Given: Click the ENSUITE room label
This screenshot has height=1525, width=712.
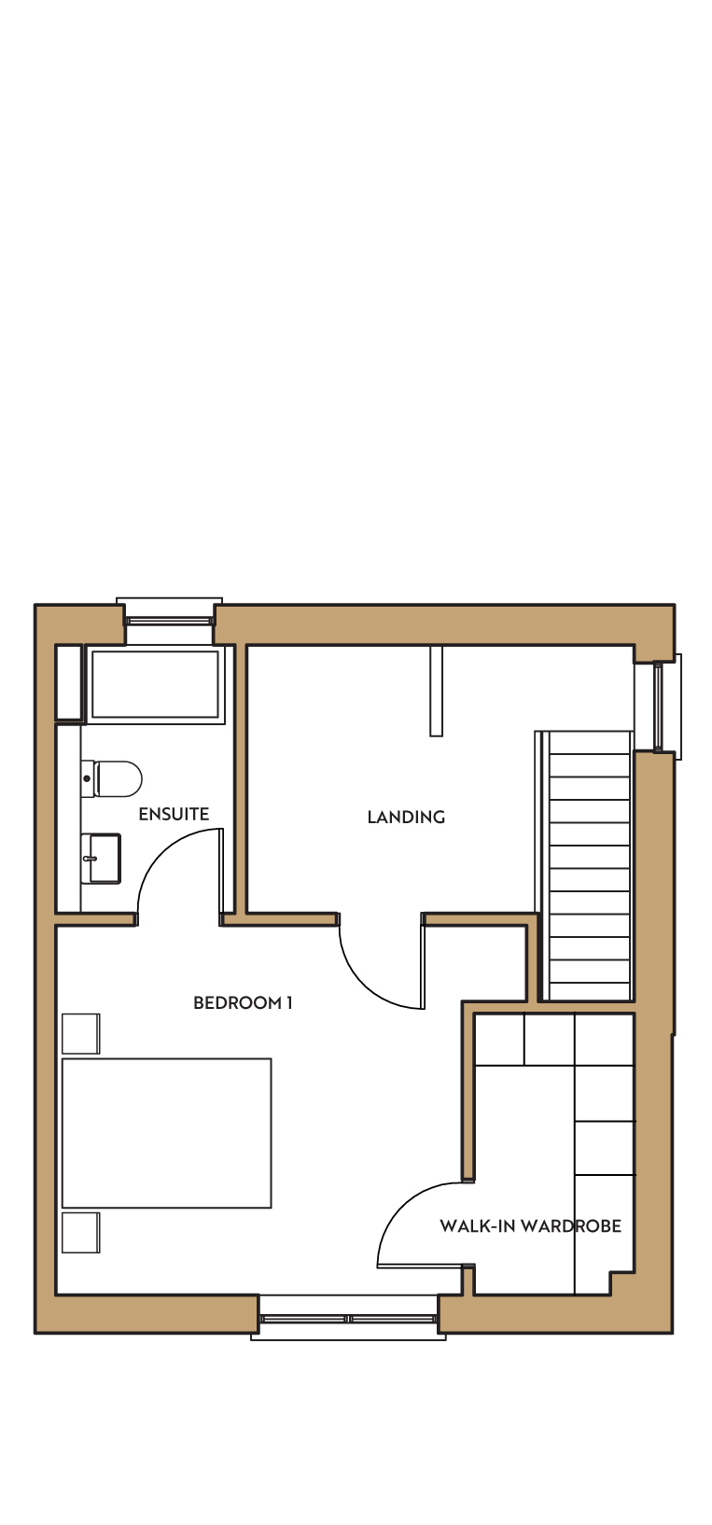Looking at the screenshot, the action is tap(174, 814).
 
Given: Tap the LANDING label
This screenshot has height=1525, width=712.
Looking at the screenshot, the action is tap(406, 817).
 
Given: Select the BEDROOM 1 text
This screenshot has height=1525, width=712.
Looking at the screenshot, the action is tap(243, 1002).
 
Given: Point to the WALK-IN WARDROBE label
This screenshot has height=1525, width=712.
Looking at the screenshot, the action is tap(530, 1225).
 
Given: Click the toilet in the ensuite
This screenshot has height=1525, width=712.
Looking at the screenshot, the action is tap(112, 779).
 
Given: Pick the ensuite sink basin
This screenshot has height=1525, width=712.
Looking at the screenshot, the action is tap(101, 859).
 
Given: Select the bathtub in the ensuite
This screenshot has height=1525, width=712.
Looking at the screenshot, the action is tap(155, 684).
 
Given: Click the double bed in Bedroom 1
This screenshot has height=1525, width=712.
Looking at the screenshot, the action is tap(167, 1133).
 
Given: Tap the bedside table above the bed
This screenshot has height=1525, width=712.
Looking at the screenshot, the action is tap(81, 1033).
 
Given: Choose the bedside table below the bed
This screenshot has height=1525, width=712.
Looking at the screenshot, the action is tap(81, 1232).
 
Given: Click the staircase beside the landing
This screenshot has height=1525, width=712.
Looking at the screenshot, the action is tap(585, 866).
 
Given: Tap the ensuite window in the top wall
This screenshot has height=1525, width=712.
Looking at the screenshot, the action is tap(169, 621).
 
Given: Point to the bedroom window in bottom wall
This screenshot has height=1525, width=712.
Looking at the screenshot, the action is tap(348, 1319).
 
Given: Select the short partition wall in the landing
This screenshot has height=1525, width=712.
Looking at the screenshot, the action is tap(437, 691).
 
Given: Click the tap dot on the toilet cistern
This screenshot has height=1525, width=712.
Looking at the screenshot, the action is tap(87, 778).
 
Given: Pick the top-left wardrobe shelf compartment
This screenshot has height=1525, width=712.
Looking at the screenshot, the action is tap(499, 1039).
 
